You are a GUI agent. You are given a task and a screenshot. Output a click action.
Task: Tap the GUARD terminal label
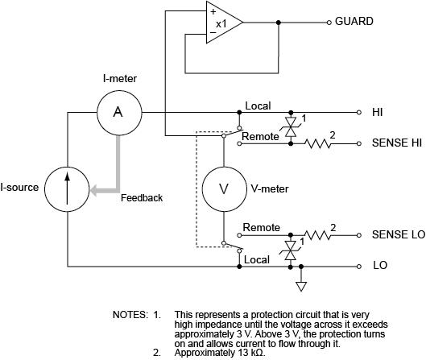pyautogui.click(x=354, y=22)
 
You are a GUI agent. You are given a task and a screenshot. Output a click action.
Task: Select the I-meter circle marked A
pyautogui.click(x=118, y=113)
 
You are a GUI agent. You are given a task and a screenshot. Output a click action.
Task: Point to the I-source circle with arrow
pyautogui.click(x=68, y=188)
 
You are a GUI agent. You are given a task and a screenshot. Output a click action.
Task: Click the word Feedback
pyautogui.click(x=141, y=198)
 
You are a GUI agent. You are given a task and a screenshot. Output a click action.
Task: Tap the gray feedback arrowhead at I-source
pyautogui.click(x=93, y=190)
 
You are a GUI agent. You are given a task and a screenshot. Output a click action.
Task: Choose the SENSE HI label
pyautogui.click(x=397, y=143)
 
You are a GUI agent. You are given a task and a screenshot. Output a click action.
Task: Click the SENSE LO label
pyautogui.click(x=398, y=235)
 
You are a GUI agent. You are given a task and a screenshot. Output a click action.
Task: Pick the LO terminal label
pyautogui.click(x=379, y=265)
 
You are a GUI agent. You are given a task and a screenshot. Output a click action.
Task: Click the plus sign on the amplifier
pyautogui.click(x=212, y=11)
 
